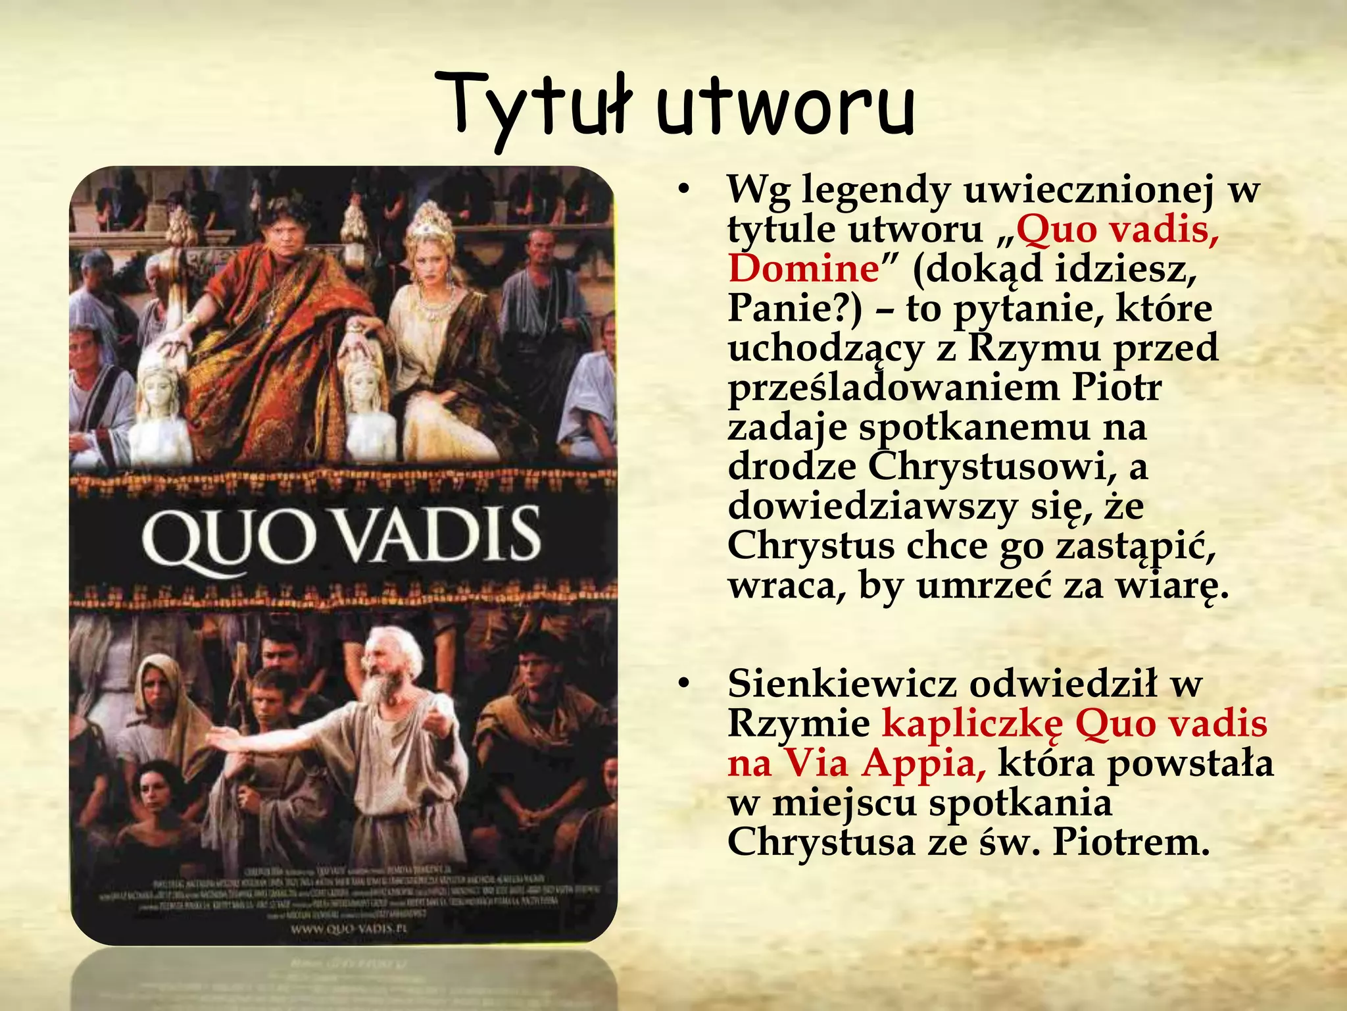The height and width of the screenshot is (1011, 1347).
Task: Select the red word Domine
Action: [x=803, y=269]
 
